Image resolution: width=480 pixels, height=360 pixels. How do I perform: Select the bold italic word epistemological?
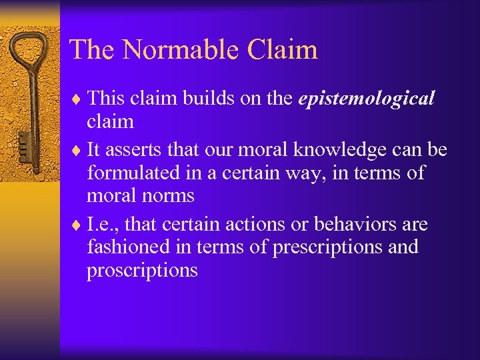(x=367, y=99)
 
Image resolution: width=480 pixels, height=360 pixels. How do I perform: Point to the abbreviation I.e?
(x=101, y=225)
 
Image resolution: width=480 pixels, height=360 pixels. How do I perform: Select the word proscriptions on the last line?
(x=142, y=271)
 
